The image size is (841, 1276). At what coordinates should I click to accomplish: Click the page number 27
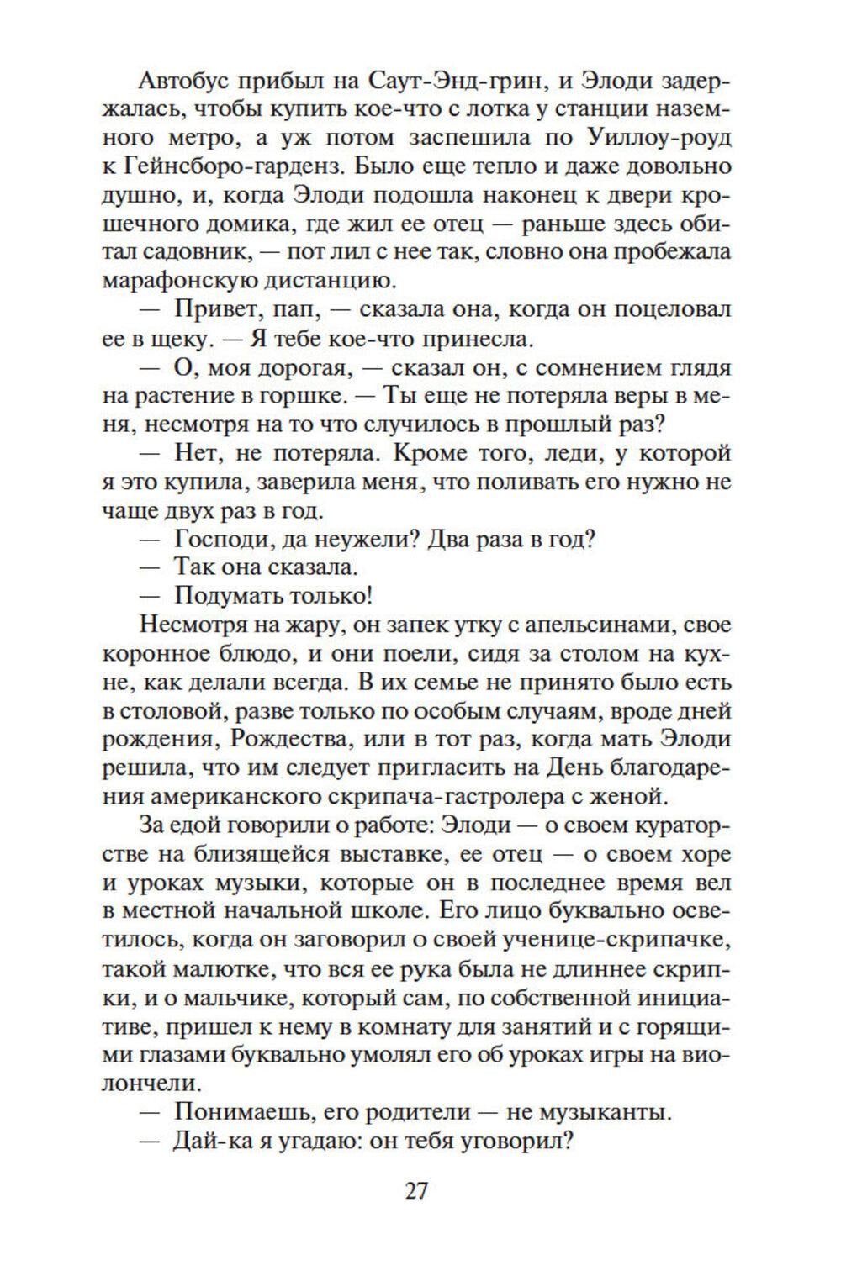(417, 1190)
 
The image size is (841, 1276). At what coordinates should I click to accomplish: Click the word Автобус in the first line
(182, 81)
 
